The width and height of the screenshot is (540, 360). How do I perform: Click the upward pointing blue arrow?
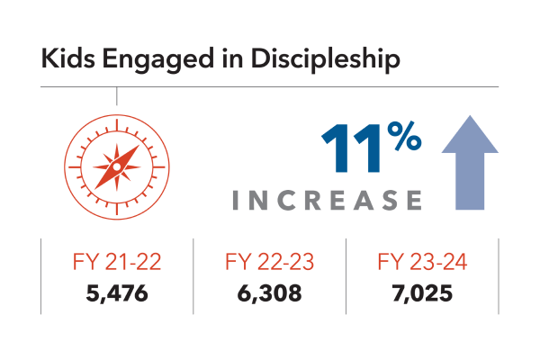469,166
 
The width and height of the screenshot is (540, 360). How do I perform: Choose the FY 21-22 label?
115,265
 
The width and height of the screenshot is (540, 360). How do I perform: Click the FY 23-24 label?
421,265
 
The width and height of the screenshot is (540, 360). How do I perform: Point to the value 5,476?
115,292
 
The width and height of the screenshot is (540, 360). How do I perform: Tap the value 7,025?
421,292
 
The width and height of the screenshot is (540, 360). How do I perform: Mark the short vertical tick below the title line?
117,95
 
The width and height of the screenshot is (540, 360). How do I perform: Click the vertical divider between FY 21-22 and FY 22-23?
194,276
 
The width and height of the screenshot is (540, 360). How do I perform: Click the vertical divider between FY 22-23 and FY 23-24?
346,276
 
